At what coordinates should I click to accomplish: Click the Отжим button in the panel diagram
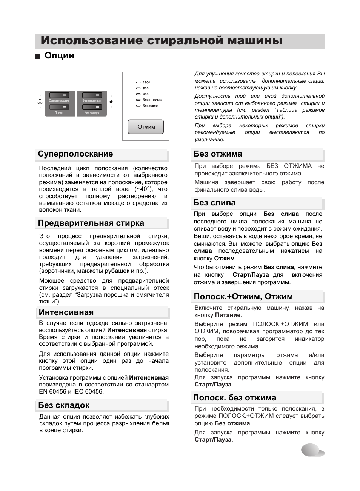(146, 127)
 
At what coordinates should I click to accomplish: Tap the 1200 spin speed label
(146, 82)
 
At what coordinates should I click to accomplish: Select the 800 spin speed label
(146, 88)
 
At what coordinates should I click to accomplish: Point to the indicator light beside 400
(138, 94)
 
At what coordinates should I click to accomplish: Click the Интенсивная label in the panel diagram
(92, 101)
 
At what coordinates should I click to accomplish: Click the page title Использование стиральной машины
(162, 41)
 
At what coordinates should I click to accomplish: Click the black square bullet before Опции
(37, 57)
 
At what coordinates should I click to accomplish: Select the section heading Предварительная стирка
(91, 223)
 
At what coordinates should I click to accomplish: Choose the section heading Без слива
(214, 203)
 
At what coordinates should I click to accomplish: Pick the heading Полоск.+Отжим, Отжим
(243, 297)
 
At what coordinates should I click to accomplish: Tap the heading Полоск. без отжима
(234, 398)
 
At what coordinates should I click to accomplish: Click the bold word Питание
(228, 315)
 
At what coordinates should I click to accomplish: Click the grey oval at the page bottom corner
(312, 450)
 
